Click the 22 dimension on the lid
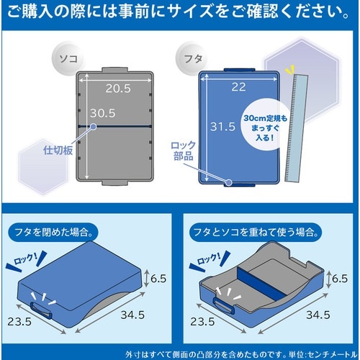(x=239, y=86)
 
